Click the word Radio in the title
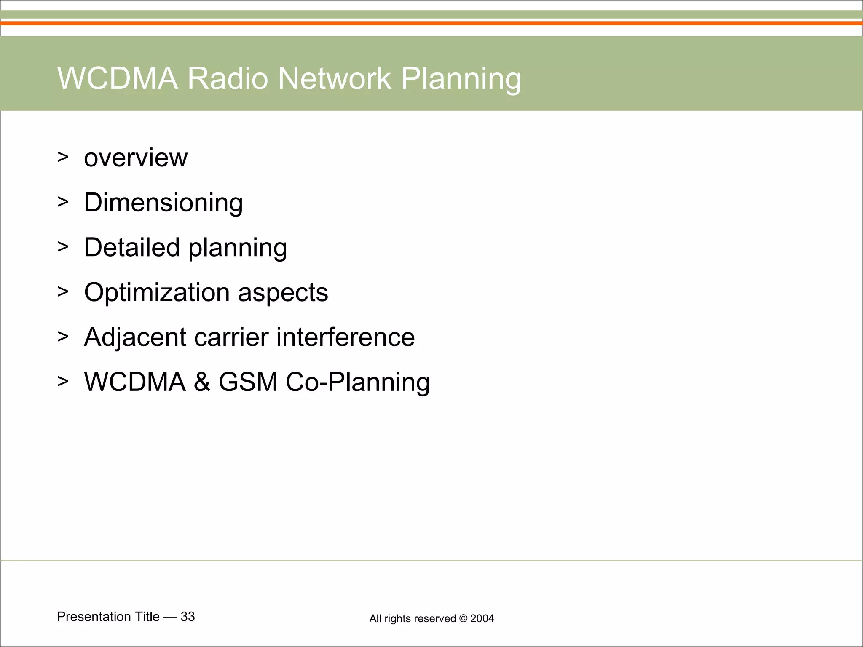click(x=228, y=78)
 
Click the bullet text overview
click(x=136, y=158)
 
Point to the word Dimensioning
click(x=163, y=203)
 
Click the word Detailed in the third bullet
click(x=131, y=247)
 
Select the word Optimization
click(x=157, y=293)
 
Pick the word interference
click(x=346, y=337)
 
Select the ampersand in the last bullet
click(x=202, y=382)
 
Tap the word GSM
click(x=248, y=382)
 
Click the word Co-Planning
click(x=358, y=382)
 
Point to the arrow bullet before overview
click(x=63, y=157)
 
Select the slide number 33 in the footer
click(x=188, y=617)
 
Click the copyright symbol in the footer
click(x=463, y=618)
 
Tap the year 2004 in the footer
click(x=482, y=618)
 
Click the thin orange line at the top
click(x=431, y=24)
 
